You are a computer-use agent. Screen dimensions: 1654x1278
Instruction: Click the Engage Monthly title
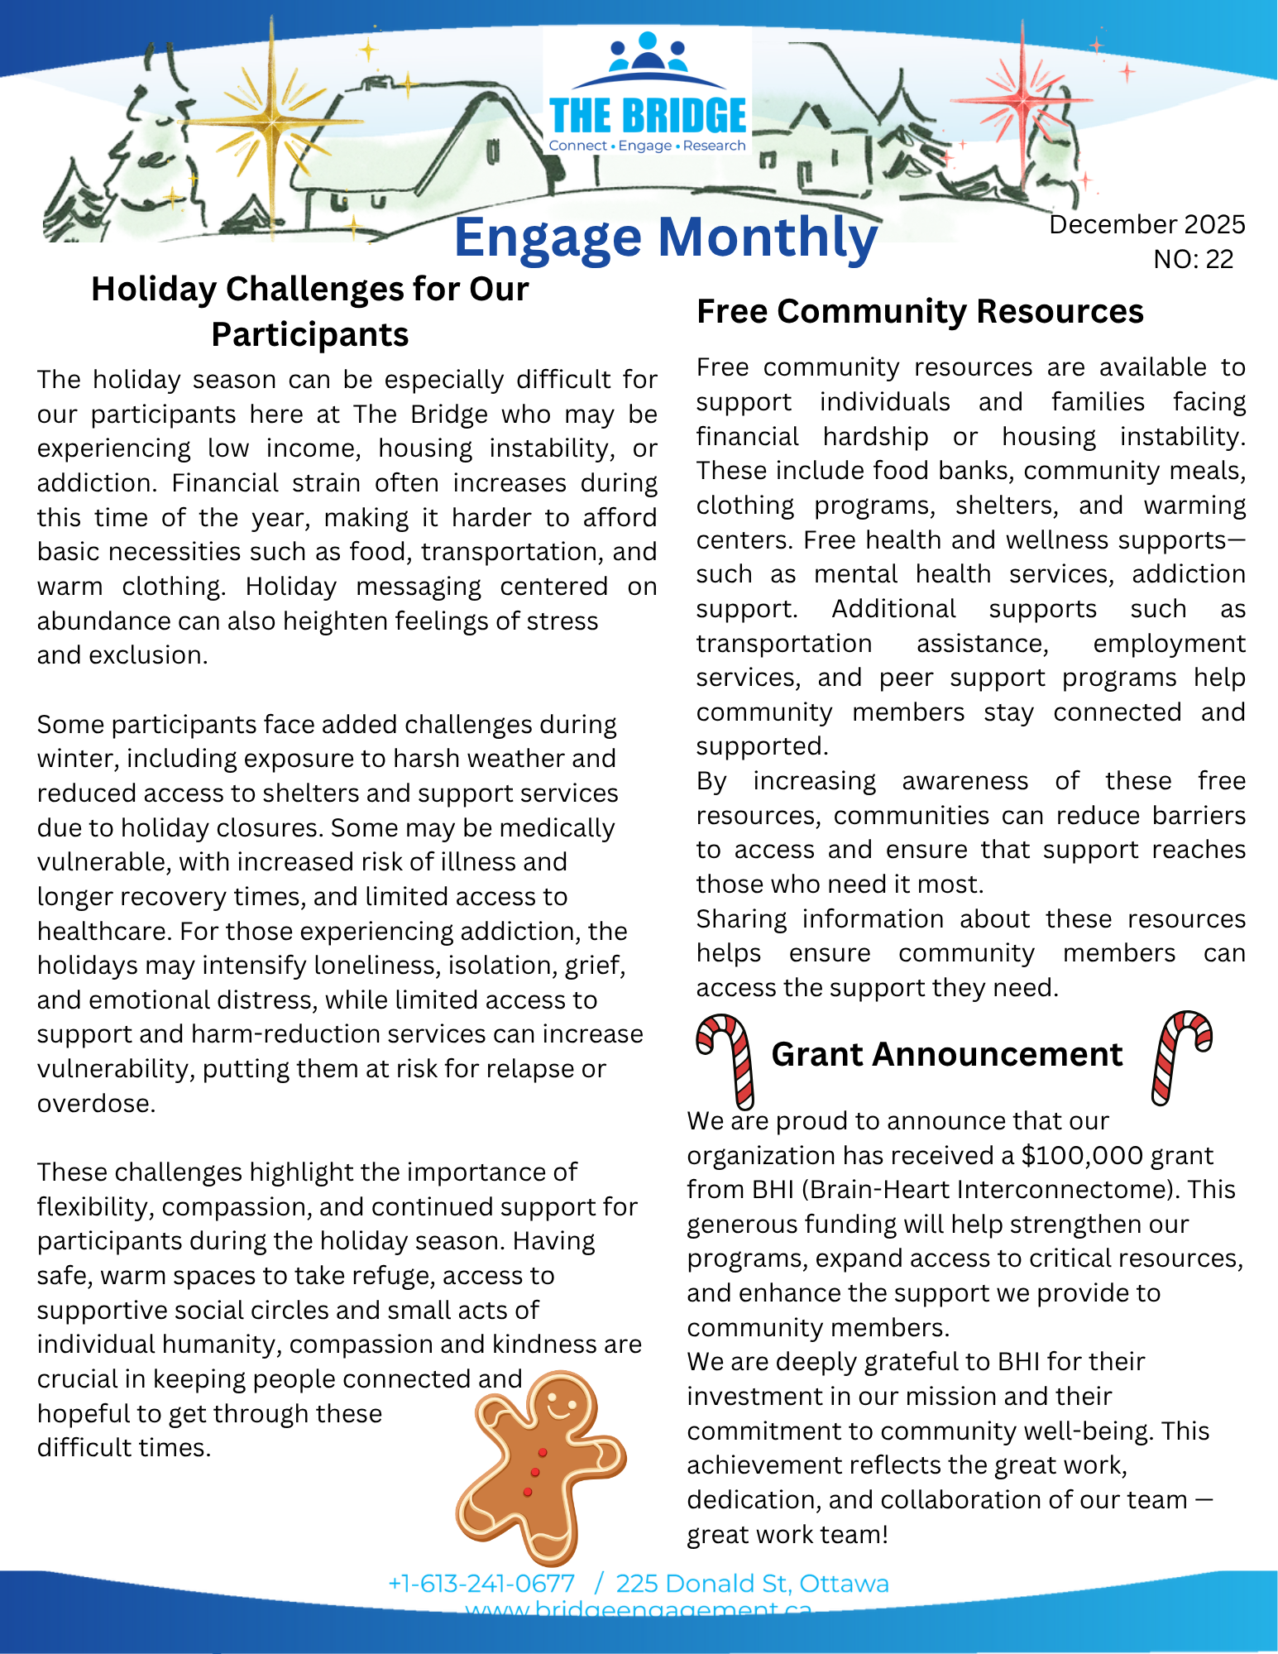click(x=665, y=237)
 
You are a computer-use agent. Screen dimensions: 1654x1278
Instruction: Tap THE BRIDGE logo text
click(x=648, y=116)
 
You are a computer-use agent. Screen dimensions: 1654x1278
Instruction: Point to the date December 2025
click(x=1146, y=224)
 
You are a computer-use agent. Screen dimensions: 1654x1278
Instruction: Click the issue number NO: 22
click(x=1193, y=259)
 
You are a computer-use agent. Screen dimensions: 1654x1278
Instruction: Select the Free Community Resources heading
click(x=919, y=312)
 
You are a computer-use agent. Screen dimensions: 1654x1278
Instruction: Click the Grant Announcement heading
click(x=946, y=1054)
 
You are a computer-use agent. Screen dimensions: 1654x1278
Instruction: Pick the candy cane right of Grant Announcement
click(x=1180, y=1054)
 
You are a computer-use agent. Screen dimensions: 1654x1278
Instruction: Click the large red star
click(x=1023, y=101)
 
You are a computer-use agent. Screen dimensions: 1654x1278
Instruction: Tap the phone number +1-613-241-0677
click(x=481, y=1584)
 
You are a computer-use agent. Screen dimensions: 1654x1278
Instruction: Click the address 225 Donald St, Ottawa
click(x=752, y=1584)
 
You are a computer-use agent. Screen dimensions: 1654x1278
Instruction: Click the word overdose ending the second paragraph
click(x=95, y=1103)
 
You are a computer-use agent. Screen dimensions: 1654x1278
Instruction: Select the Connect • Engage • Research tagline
click(x=647, y=146)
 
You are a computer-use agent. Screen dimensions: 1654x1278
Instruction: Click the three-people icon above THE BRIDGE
click(x=648, y=53)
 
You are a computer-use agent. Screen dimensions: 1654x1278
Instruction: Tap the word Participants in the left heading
click(x=309, y=335)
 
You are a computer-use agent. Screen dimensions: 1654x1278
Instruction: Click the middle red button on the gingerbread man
click(x=535, y=1472)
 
